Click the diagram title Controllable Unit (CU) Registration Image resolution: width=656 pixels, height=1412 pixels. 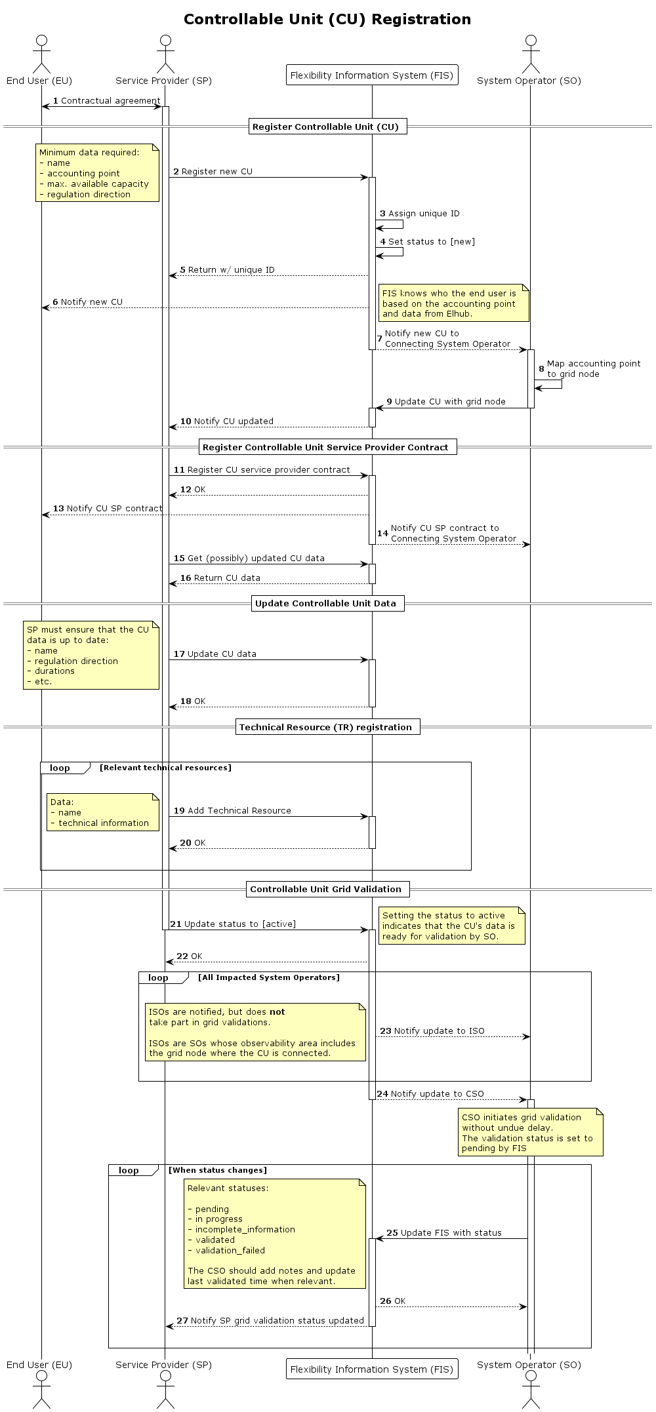[327, 20]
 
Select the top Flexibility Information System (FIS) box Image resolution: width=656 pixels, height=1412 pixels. [371, 75]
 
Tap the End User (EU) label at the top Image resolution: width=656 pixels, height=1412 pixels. [39, 81]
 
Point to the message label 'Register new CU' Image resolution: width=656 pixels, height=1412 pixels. [216, 172]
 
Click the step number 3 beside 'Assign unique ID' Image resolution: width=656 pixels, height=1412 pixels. [382, 214]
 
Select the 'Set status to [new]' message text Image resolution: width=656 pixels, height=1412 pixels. [431, 242]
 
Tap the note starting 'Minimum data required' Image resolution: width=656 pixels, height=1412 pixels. [97, 173]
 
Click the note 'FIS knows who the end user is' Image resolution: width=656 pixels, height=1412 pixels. [453, 303]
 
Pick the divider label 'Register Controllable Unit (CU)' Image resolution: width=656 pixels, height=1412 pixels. [325, 127]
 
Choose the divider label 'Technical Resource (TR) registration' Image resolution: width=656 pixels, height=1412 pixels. [325, 727]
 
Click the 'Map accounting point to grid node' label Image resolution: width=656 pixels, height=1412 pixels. [593, 369]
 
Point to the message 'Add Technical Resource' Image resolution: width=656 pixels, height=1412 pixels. [239, 811]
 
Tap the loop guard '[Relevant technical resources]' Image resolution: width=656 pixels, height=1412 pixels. [165, 768]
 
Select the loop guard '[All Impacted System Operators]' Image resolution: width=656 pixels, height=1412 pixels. [269, 977]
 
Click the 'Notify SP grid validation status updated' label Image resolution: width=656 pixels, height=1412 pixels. [277, 1321]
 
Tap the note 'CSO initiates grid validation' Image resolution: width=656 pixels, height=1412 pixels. [529, 1132]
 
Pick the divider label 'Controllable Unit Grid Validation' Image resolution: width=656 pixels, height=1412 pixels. [325, 890]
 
